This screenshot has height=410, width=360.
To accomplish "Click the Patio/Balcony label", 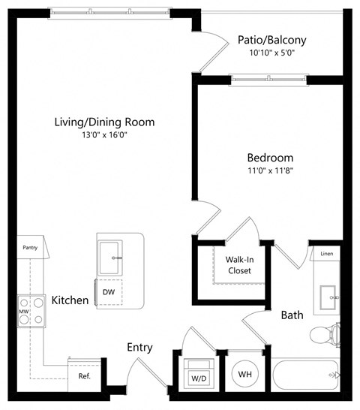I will pos(271,40).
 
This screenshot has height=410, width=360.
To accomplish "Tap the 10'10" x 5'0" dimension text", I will pos(271,53).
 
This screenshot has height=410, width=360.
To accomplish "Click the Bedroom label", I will pos(270,158).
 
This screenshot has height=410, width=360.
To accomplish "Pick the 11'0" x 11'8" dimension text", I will pos(270,171).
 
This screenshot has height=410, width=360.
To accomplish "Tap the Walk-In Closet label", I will pos(238,264).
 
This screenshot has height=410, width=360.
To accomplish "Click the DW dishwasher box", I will pos(108,291).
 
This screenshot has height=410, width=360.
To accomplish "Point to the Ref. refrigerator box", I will pos(84,375).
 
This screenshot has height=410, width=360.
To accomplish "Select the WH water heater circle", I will pos(244,373).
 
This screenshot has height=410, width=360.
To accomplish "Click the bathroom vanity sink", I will pos(328,297).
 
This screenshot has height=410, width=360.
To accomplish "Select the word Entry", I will pos(139,348).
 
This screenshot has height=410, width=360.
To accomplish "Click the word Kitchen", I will pos(70,301).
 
